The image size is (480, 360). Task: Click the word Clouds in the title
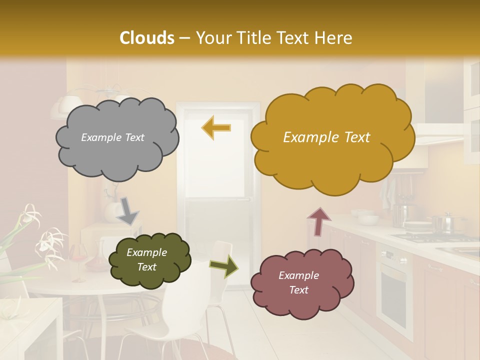147,38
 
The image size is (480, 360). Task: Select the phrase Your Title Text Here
273,38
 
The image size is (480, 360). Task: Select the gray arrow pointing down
127,210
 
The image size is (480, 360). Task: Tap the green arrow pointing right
223,267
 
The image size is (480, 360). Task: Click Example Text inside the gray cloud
112,137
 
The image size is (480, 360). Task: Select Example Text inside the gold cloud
326,137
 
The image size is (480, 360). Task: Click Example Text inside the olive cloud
146,260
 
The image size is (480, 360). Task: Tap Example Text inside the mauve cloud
298,283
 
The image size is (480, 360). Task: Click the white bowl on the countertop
368,219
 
